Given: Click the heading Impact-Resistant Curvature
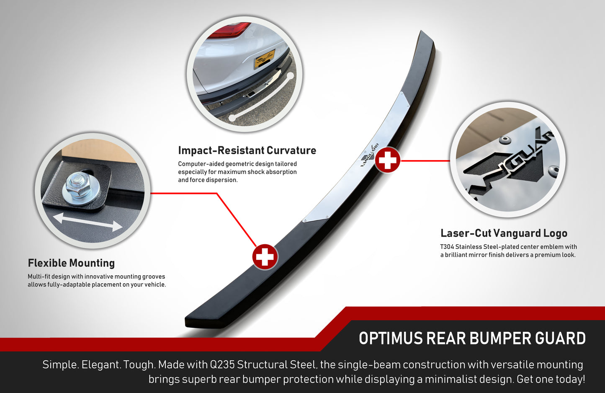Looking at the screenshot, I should (247, 150).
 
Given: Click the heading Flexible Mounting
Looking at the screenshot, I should (71, 263).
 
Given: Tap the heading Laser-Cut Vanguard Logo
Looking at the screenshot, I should (504, 233).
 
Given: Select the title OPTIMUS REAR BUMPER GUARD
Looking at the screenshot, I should (472, 339).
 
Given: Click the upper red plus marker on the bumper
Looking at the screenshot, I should (387, 160).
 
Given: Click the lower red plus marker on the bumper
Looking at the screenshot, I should (265, 256).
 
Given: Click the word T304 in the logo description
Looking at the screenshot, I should (447, 247).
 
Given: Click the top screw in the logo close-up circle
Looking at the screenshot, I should (505, 140).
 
